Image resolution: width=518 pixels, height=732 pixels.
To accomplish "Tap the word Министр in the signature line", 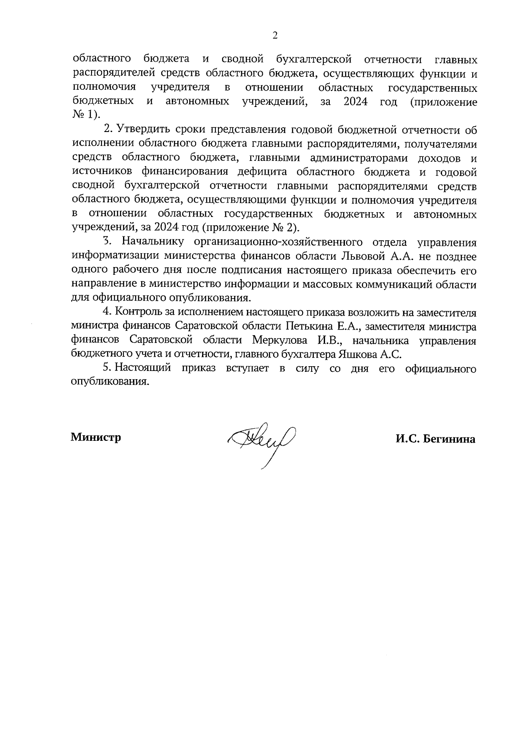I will pos(96,437).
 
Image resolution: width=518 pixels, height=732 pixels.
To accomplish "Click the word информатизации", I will pos(116,257).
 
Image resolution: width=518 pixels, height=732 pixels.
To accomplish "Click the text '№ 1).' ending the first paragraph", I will pos(86,116).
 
